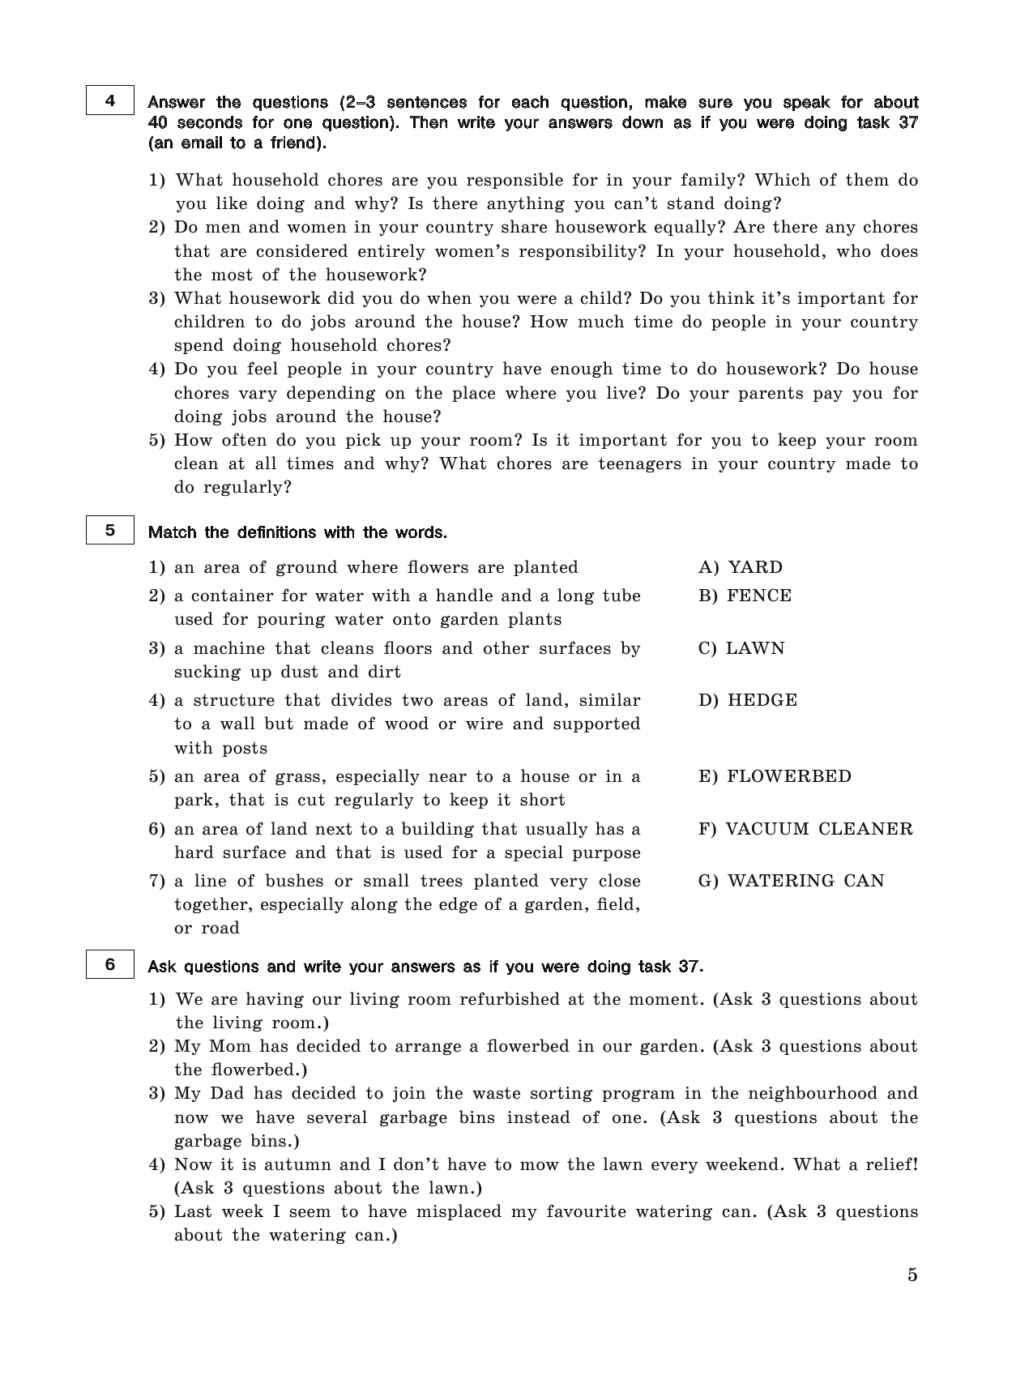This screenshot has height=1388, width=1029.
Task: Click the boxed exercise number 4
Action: pyautogui.click(x=109, y=101)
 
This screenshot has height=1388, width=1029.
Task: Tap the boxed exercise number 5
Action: pyautogui.click(x=109, y=532)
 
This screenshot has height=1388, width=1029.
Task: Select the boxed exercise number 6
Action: pyautogui.click(x=109, y=965)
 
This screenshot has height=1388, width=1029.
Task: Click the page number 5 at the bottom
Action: pyautogui.click(x=912, y=1275)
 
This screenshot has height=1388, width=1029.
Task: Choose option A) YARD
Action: pyautogui.click(x=741, y=567)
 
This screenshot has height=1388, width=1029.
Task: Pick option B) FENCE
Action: pyautogui.click(x=745, y=596)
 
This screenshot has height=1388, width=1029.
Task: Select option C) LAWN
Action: pyautogui.click(x=741, y=648)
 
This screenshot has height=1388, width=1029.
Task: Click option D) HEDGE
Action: pyautogui.click(x=747, y=700)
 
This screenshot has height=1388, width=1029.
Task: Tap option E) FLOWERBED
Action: pyautogui.click(x=775, y=776)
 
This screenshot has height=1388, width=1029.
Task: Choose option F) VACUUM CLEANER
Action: pyautogui.click(x=805, y=829)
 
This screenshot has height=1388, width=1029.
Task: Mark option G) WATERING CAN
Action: pyautogui.click(x=791, y=881)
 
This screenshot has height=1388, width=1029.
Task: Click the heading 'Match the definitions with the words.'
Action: pyautogui.click(x=297, y=532)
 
